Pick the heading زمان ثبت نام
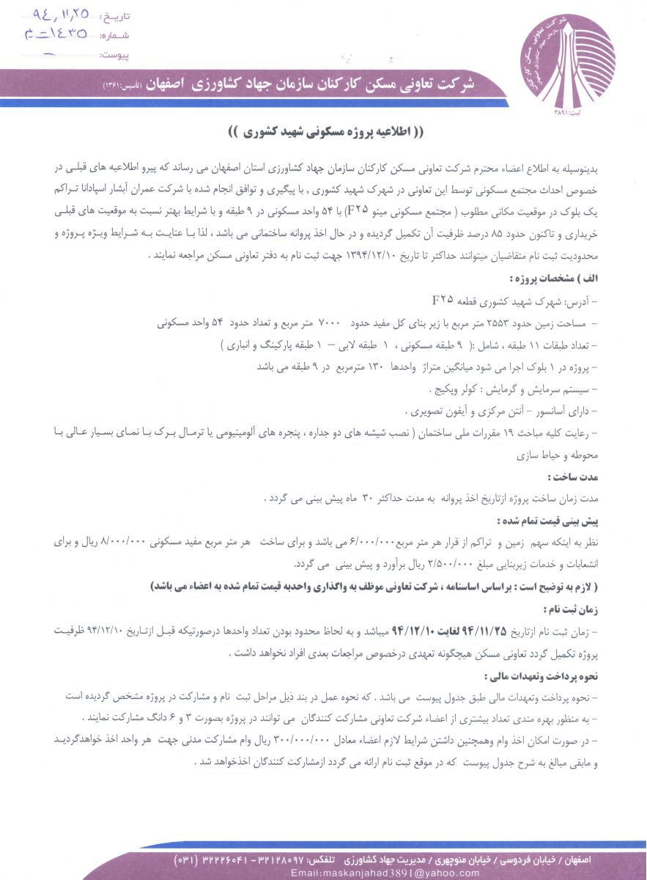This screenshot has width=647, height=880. (x=574, y=608)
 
